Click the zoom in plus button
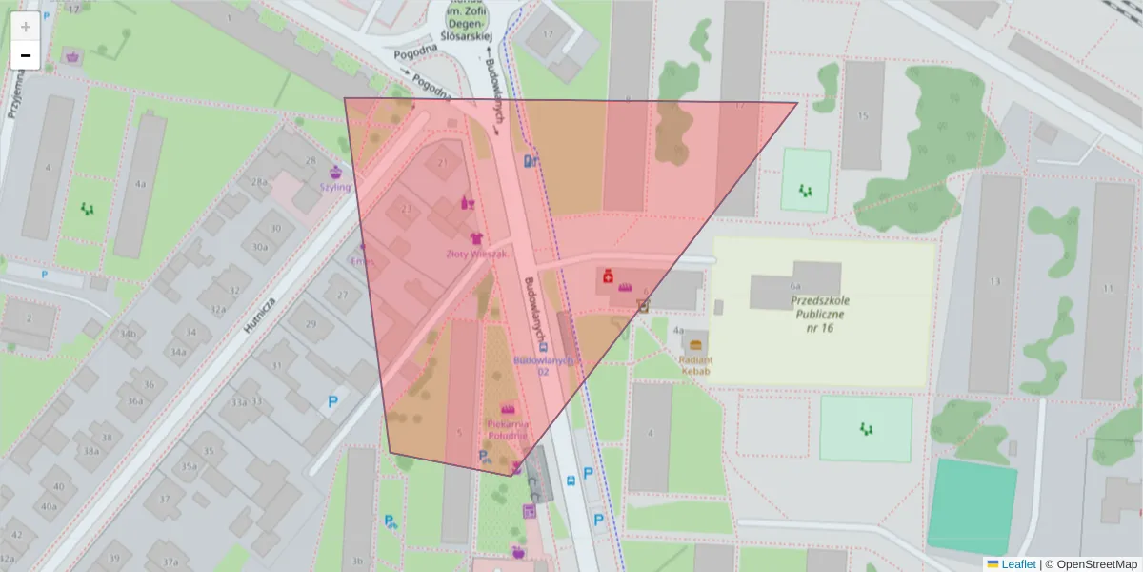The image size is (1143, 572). pos(26,27)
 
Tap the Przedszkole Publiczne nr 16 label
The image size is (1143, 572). pos(820,313)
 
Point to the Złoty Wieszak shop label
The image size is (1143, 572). pos(476,255)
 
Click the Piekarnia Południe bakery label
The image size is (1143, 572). pos(508,428)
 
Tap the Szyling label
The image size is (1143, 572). pos(335,187)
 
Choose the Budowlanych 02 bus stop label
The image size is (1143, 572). pos(543,366)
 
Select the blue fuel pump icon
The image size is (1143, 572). pos(531,162)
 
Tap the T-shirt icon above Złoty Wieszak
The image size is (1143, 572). pos(476,237)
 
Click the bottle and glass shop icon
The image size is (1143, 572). pos(467,202)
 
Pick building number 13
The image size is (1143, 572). pos(995,281)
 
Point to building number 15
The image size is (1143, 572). pos(863,116)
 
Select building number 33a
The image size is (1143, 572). pos(239,401)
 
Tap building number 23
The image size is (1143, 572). pos(407,209)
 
